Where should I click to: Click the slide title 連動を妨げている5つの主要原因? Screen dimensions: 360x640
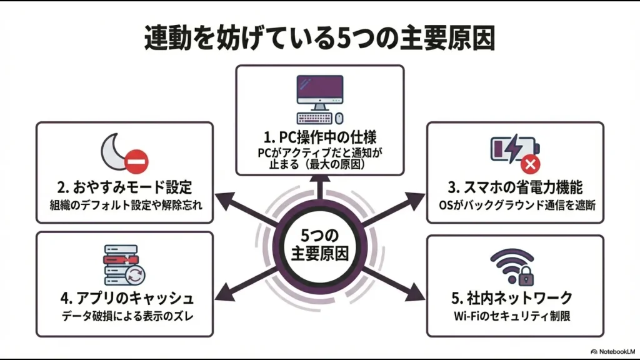click(319, 39)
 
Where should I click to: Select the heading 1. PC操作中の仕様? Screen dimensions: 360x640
click(319, 136)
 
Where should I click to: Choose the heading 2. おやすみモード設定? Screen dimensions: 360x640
click(125, 186)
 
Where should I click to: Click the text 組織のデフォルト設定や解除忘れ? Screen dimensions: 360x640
click(125, 204)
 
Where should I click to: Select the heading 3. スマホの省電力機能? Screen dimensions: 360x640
click(515, 186)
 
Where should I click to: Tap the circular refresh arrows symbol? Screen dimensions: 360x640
click(136, 274)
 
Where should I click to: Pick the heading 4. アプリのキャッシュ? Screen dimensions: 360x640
click(125, 297)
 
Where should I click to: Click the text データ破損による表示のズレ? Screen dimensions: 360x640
click(125, 316)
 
